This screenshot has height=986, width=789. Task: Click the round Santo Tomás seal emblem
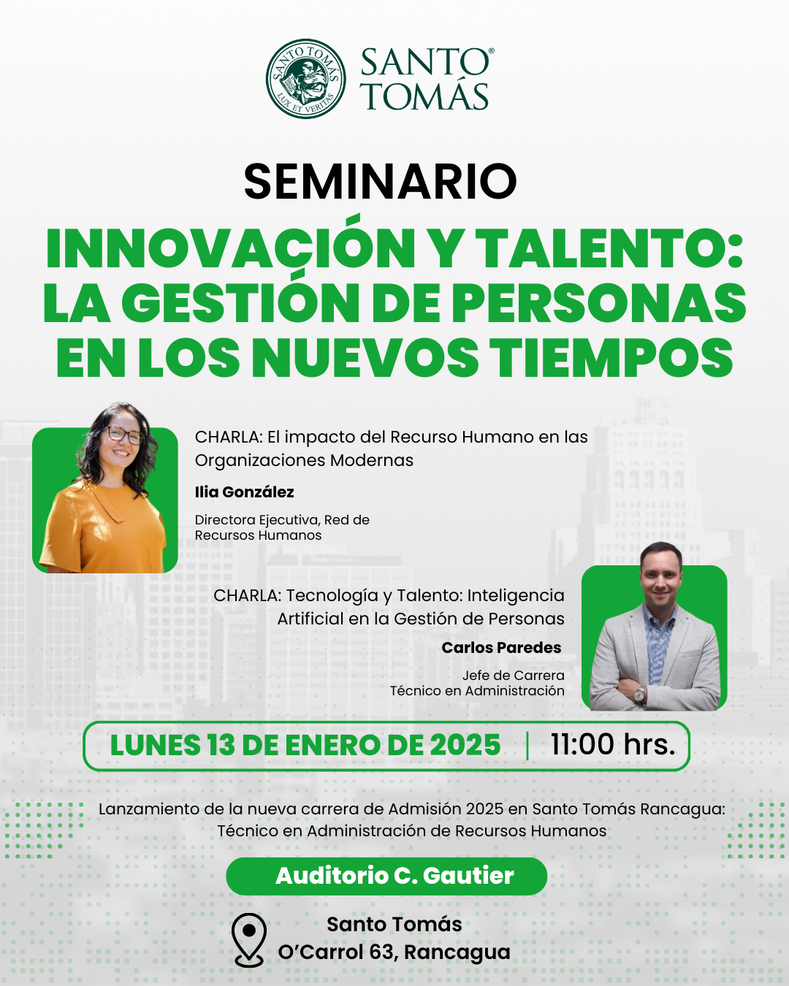[306, 78]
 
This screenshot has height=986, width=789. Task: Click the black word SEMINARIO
[380, 181]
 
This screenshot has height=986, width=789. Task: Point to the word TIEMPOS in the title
[611, 357]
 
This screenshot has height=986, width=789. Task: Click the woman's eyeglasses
[123, 435]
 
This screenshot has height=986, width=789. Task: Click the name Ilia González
[244, 492]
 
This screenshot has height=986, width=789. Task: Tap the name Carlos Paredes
[502, 647]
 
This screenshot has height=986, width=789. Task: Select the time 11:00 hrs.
[612, 744]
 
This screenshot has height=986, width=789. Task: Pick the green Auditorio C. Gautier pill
[386, 876]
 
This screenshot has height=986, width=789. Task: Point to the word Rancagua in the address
[457, 953]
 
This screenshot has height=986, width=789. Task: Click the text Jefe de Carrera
[513, 676]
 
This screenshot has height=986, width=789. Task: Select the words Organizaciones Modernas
[304, 460]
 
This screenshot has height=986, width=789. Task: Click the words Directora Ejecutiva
[257, 520]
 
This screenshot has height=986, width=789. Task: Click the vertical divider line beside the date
[527, 746]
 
